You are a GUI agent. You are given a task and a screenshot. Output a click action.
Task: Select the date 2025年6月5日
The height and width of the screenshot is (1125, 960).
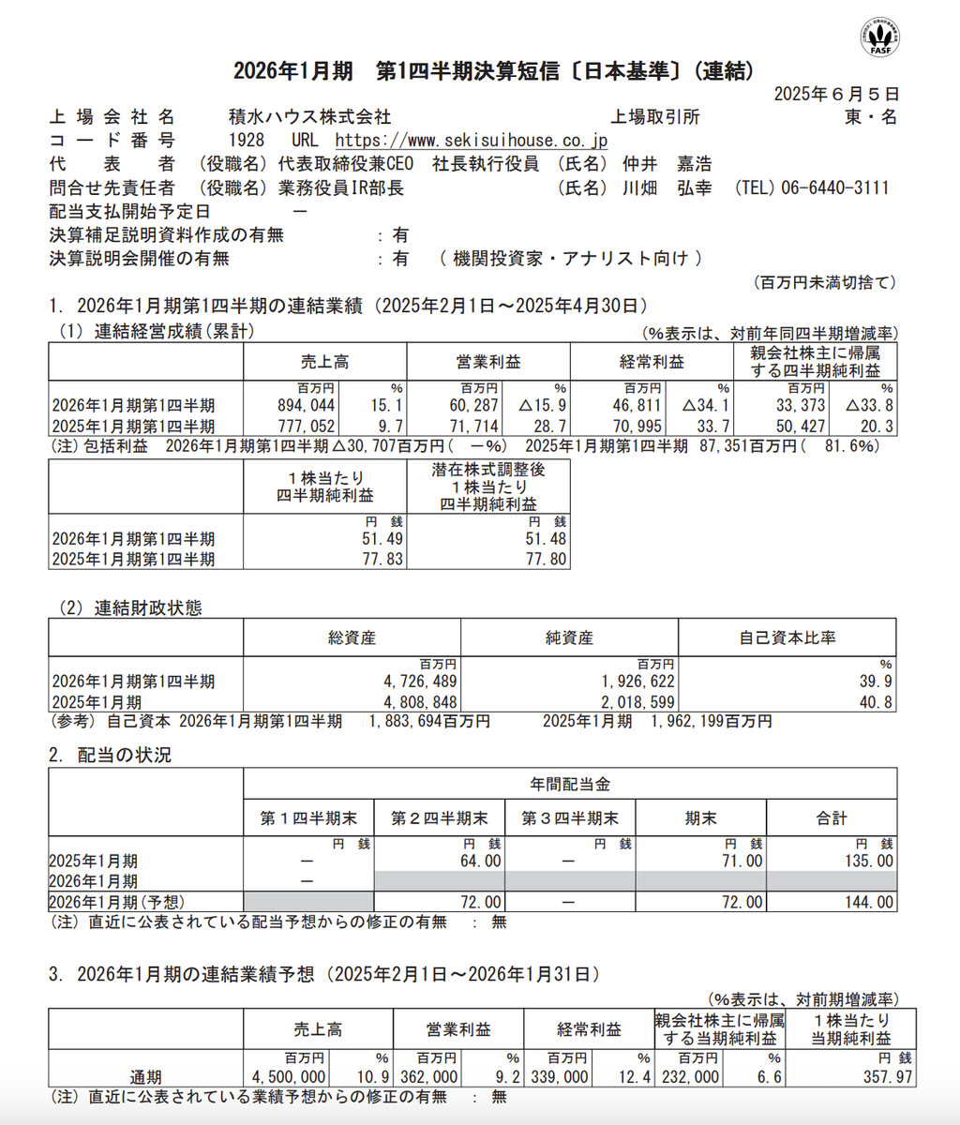[836, 94]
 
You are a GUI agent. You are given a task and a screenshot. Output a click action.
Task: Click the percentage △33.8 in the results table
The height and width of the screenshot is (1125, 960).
[869, 405]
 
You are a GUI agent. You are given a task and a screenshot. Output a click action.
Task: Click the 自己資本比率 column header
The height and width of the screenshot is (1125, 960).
[787, 637]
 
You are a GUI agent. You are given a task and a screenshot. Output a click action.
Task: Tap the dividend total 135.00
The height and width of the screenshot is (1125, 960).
[869, 861]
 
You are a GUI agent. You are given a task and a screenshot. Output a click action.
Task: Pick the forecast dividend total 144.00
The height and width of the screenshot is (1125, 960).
[869, 902]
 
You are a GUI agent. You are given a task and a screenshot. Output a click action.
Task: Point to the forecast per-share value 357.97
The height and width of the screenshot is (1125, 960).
[886, 1077]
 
